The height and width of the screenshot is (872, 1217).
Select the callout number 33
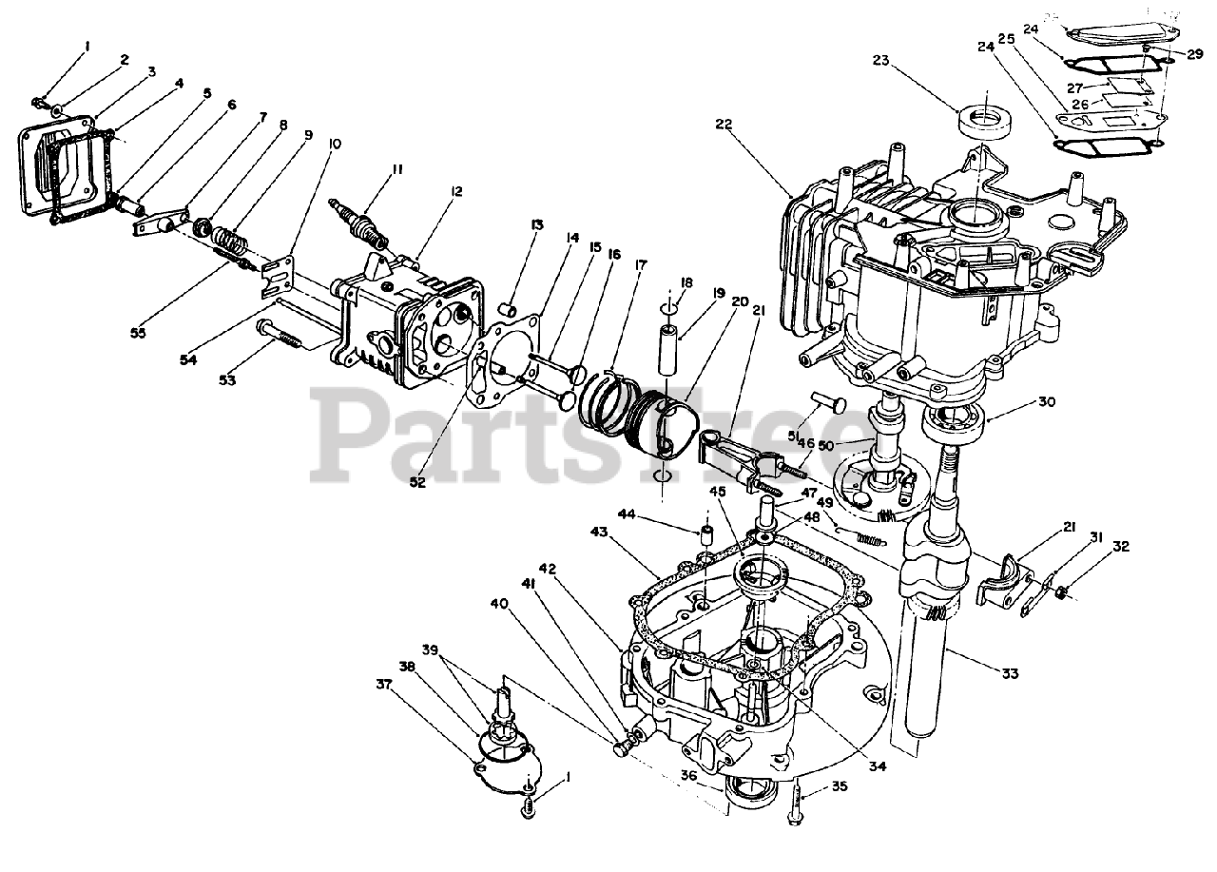[1010, 673]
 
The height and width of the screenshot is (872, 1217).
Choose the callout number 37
[383, 683]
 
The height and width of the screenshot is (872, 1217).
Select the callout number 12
[457, 192]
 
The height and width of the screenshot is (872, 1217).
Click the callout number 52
[415, 481]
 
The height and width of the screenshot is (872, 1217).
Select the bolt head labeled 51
[826, 404]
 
